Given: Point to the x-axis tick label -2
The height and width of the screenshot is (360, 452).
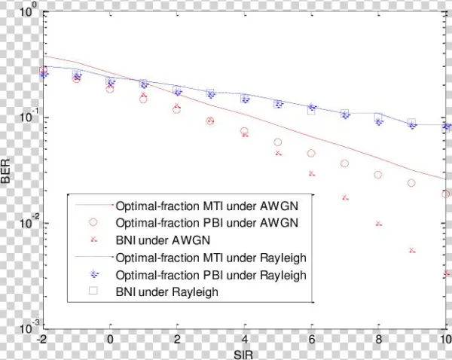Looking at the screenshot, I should (x=43, y=339).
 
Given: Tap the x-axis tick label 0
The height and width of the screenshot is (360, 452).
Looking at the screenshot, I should (x=110, y=339).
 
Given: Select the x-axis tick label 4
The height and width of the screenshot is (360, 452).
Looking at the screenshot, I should (x=244, y=339).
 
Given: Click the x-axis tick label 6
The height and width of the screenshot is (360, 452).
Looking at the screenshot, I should (x=311, y=339).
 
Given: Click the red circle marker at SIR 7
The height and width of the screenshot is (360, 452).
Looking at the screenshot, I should (x=345, y=163).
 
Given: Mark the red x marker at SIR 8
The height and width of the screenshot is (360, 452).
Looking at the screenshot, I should (x=378, y=224).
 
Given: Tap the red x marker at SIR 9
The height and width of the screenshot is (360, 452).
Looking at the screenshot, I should (x=412, y=250).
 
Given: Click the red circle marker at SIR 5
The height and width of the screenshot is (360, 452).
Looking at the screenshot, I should (x=278, y=142).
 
